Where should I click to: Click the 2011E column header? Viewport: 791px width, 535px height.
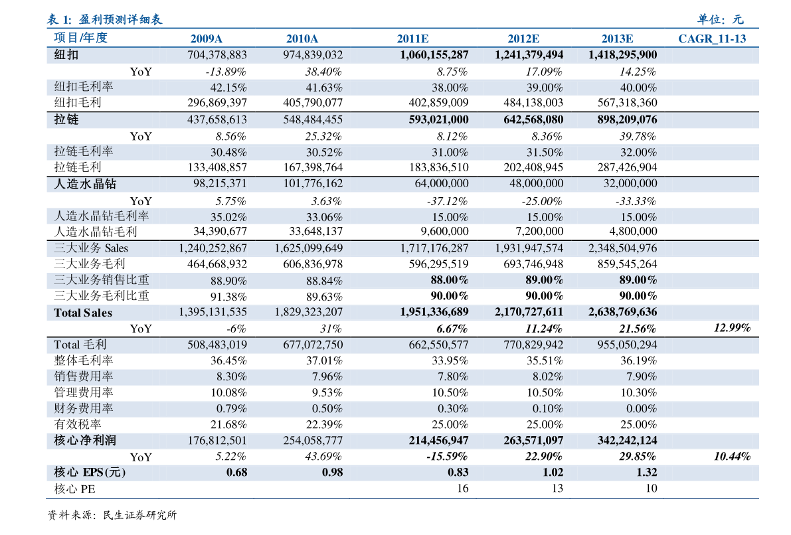(412, 38)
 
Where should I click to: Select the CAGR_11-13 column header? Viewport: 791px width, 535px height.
(712, 38)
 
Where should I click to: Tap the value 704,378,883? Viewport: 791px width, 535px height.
(217, 55)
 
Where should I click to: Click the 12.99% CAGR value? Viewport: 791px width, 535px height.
(732, 328)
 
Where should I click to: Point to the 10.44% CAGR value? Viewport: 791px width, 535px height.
(732, 456)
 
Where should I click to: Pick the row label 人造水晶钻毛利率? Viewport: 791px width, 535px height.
(102, 216)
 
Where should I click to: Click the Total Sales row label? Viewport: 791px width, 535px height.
(83, 313)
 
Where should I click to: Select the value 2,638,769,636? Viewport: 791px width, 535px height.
(622, 312)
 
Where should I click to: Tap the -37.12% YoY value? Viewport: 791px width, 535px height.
(447, 201)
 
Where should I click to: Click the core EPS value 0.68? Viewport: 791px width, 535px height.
(236, 473)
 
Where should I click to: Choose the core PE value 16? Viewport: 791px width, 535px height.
(463, 488)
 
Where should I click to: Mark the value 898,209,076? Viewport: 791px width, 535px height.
(627, 120)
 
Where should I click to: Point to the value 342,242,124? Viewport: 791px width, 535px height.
(627, 441)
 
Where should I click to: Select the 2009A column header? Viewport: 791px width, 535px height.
(206, 38)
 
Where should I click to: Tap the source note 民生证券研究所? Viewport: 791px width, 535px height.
(139, 515)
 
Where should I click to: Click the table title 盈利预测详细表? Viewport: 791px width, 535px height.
(121, 20)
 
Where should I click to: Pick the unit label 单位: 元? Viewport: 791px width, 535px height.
(721, 20)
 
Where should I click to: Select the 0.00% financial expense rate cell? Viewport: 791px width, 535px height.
(641, 408)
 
